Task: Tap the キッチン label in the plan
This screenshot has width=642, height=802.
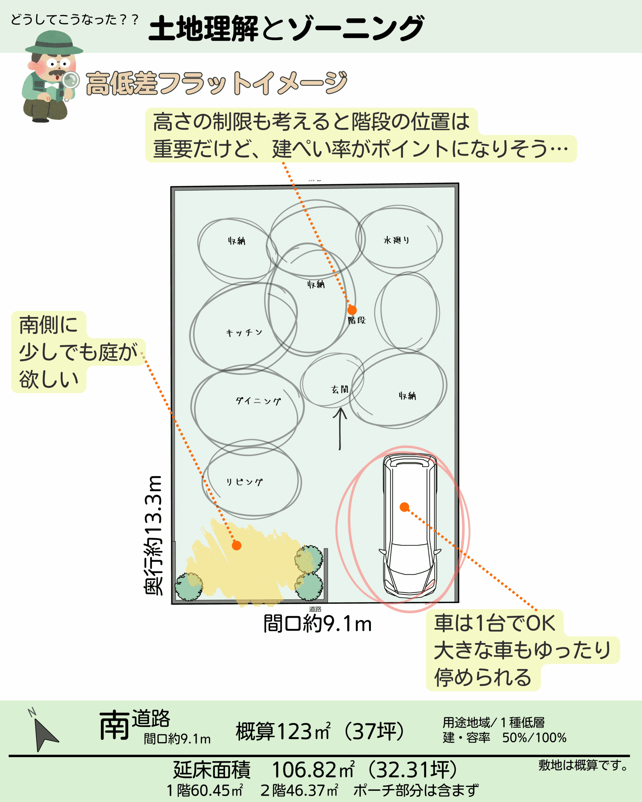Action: [x=244, y=333]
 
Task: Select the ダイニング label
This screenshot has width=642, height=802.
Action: [x=258, y=401]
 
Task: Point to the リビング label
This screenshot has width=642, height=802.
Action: [x=245, y=482]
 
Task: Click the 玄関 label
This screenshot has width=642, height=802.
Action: [x=340, y=389]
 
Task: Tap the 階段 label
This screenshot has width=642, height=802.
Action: [x=356, y=320]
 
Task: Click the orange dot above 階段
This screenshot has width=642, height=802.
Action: [x=352, y=310]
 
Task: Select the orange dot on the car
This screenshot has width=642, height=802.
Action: [x=405, y=507]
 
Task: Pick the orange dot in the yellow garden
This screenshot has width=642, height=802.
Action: [x=237, y=546]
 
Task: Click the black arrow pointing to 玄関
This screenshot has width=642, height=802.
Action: [x=340, y=428]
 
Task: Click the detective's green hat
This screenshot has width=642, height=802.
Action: [x=54, y=43]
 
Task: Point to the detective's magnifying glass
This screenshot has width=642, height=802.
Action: [x=70, y=80]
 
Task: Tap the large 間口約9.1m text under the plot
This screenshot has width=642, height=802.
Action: [x=318, y=624]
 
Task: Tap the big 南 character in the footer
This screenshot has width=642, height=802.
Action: [x=114, y=725]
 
